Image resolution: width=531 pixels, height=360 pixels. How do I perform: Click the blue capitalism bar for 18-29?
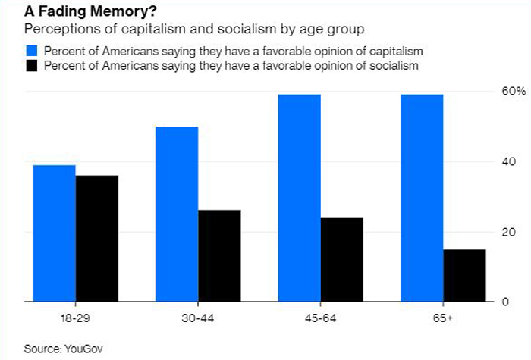coord(54,233)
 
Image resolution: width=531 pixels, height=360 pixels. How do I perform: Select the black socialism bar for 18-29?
coord(96,239)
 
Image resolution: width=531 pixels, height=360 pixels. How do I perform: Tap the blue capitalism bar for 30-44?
coord(177,214)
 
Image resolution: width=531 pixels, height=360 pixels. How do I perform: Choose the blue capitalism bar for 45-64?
coord(300,199)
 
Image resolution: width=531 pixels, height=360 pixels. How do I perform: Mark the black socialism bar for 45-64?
coord(342,260)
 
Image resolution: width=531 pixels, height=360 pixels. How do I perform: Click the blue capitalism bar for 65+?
coord(423,199)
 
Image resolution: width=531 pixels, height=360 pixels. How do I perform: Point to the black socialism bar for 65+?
coord(464,276)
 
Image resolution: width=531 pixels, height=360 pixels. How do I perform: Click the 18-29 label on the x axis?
coord(75,318)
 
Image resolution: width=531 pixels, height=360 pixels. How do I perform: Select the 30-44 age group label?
coord(198,318)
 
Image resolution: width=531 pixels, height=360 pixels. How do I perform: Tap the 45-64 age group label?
coord(321,318)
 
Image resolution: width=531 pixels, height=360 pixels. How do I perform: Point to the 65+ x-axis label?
coord(443,318)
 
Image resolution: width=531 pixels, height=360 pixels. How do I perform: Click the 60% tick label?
coord(504,92)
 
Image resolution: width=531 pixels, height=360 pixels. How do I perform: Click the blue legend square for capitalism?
coord(32,52)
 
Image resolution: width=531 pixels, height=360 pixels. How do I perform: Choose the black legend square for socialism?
coord(32,66)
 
